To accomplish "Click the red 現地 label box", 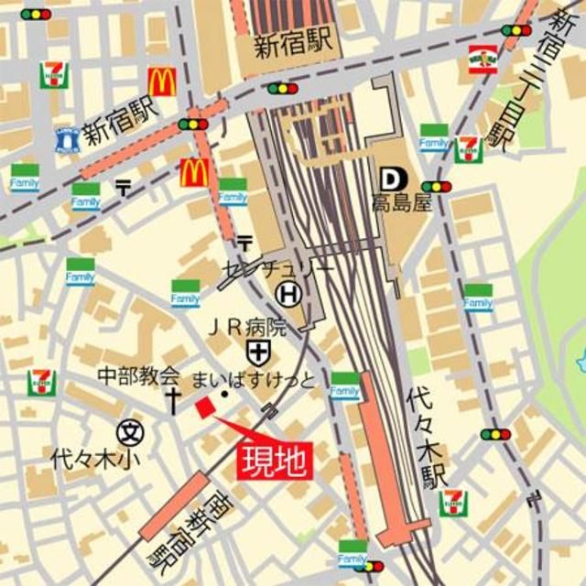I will point(275,460).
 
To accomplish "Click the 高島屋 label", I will point(401,203).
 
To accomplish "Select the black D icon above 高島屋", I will point(389,178).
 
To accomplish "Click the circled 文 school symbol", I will point(131,430).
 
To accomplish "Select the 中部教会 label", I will point(139,376).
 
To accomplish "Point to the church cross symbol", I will point(171,398).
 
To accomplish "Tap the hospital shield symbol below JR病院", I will point(257,351).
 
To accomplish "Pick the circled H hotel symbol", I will point(288,294).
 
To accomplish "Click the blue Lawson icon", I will point(67,139).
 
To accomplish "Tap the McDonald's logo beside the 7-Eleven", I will point(162,82).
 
